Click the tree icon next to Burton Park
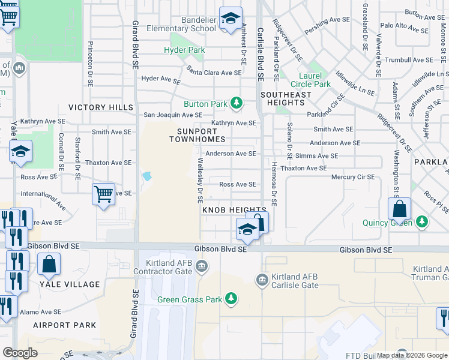pos(237,104)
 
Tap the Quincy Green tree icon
pos(423,223)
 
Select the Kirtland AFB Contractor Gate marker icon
pos(202,265)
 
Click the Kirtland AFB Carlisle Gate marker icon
pos(262,280)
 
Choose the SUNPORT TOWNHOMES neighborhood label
pos(201,134)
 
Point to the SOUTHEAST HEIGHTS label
pos(286,99)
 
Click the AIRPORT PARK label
pos(64,325)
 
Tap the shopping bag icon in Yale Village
pos(49,264)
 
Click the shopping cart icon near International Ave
pos(104,194)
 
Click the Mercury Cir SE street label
pos(353,177)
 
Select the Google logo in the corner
pos(20,353)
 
